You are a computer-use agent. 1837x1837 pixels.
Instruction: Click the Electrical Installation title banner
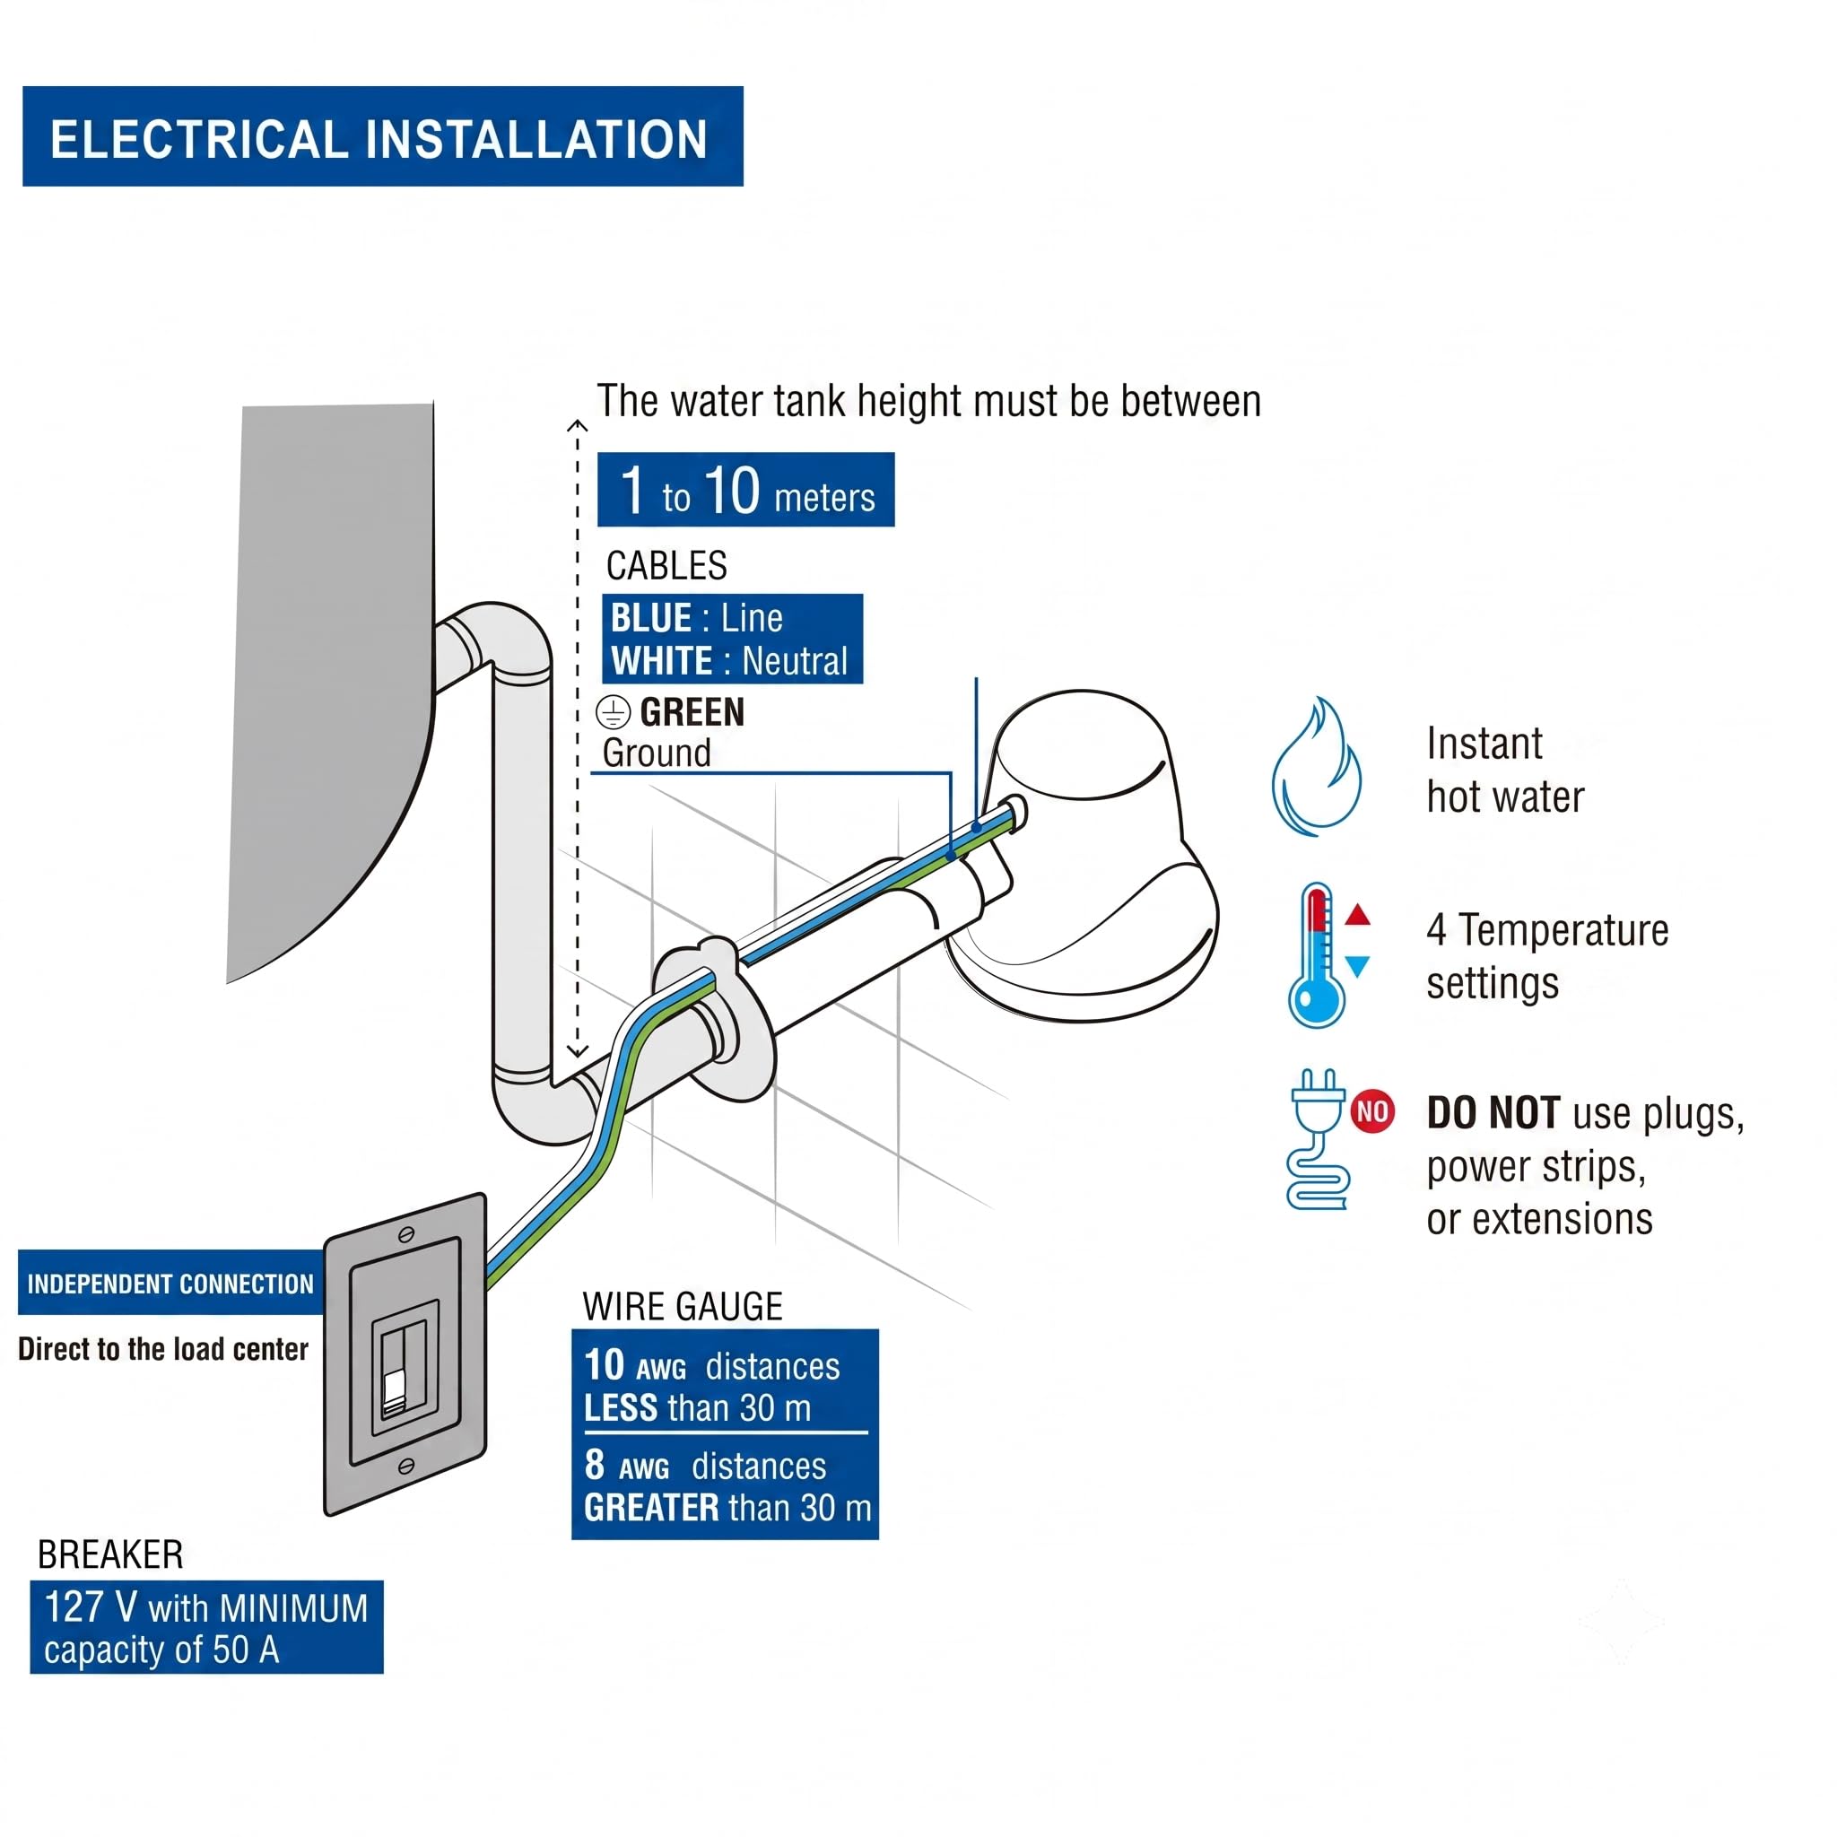click(382, 137)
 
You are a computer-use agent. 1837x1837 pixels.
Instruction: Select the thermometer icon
click(1317, 954)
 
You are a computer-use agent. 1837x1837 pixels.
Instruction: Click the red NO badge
click(1372, 1110)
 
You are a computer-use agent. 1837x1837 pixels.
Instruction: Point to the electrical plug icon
click(1318, 1138)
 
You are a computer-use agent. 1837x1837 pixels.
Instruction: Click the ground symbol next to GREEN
click(614, 712)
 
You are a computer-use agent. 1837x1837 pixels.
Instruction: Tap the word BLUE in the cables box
click(651, 618)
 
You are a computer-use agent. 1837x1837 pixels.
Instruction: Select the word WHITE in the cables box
click(662, 661)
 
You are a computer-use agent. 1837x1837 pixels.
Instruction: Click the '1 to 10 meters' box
click(745, 490)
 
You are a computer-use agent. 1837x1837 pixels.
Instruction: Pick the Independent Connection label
click(170, 1284)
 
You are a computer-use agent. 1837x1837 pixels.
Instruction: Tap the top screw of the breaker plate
click(406, 1234)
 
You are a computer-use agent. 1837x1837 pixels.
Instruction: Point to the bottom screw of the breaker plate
click(405, 1467)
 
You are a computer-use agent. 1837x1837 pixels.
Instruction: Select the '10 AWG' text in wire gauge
click(635, 1365)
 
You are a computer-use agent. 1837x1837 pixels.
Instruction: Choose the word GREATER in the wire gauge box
click(651, 1508)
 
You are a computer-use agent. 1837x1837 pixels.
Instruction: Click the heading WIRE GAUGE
click(683, 1306)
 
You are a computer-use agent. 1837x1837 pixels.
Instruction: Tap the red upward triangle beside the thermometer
click(1358, 915)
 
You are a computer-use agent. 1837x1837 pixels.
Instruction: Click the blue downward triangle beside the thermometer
click(1358, 966)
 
